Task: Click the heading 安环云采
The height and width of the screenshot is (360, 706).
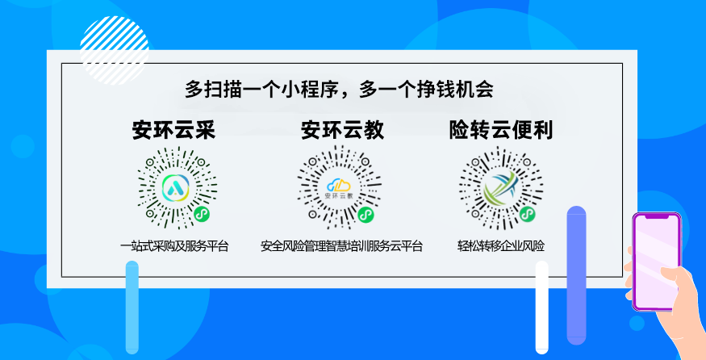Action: [173, 130]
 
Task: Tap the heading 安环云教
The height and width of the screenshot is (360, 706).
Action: [343, 130]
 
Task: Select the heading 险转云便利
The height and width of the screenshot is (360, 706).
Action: [501, 130]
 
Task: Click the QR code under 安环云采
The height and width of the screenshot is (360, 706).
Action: [177, 187]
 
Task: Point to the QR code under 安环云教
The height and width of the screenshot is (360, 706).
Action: [339, 187]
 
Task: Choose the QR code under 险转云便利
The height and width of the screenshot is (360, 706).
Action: [501, 188]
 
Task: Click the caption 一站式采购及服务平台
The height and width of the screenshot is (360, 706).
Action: [174, 246]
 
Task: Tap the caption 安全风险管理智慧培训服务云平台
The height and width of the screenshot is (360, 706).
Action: [342, 246]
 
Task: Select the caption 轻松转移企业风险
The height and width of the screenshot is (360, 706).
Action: [501, 246]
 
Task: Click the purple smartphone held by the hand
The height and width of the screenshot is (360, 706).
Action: [657, 262]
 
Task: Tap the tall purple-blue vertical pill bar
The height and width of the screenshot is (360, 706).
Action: [576, 275]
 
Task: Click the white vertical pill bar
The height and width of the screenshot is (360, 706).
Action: [541, 308]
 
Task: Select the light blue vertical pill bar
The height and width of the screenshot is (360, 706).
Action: [132, 308]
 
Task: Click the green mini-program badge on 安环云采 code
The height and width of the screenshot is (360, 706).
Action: [203, 214]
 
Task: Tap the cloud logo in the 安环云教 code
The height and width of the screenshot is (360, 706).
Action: [339, 185]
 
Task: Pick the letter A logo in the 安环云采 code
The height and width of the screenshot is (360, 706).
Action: [176, 187]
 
